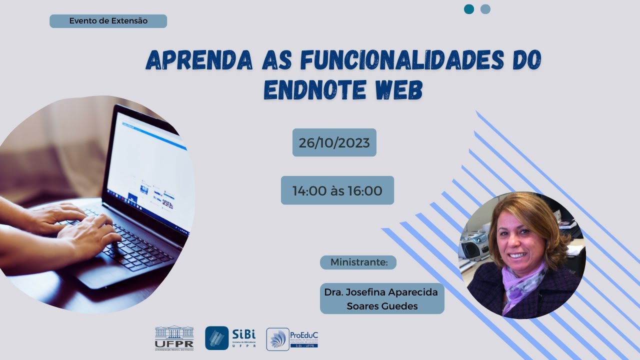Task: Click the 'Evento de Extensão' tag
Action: point(108,21)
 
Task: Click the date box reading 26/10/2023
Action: point(334,143)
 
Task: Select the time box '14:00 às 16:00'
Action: point(337,190)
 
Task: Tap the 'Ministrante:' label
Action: point(358,262)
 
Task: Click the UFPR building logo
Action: point(174,338)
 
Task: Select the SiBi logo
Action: point(230,338)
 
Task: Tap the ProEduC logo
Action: point(292,339)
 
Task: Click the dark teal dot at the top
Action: point(469,9)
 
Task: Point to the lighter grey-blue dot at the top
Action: point(485,9)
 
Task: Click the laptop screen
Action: point(150,170)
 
